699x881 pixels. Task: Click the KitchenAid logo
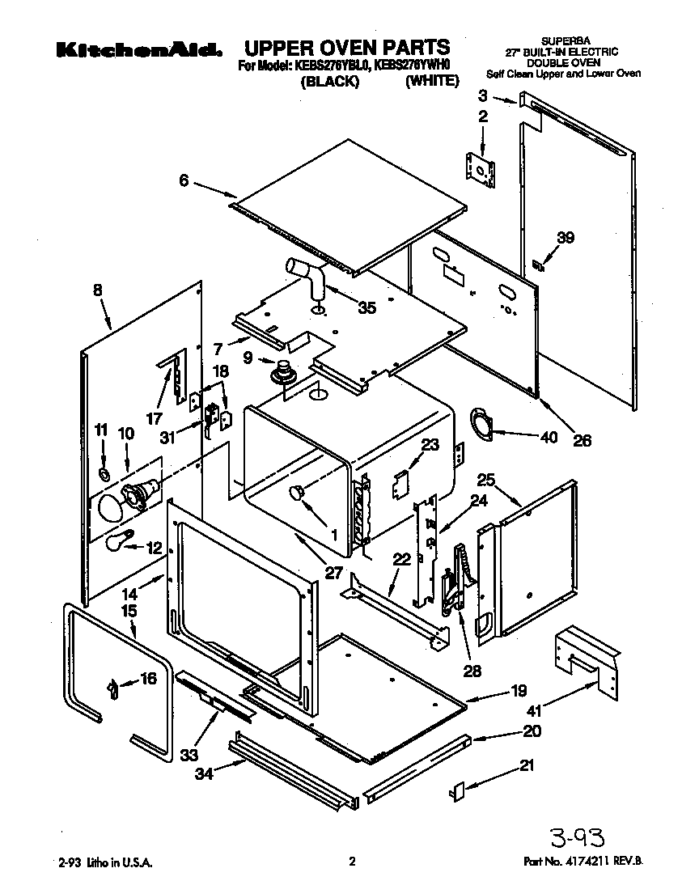point(139,50)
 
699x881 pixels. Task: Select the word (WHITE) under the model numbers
point(432,82)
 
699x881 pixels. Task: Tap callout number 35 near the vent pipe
point(366,307)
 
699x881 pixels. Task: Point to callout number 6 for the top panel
point(184,181)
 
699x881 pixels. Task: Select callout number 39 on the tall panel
point(566,237)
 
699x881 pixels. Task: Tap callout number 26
point(582,441)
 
